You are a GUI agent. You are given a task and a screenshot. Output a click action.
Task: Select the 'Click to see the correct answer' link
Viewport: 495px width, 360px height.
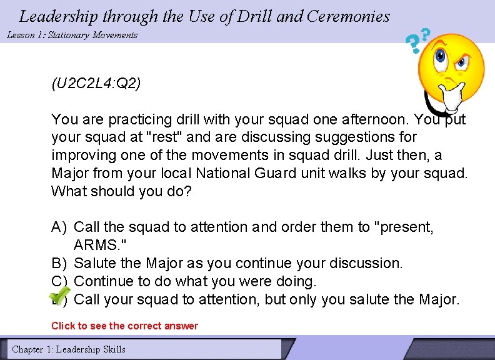[x=124, y=326]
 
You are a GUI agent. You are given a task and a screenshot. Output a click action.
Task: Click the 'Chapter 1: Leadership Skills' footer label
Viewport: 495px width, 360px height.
[x=69, y=349]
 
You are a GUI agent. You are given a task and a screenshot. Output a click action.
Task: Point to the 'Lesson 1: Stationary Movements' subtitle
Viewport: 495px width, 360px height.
[x=72, y=35]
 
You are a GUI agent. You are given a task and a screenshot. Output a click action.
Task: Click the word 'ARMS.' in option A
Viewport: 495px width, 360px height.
[x=99, y=245]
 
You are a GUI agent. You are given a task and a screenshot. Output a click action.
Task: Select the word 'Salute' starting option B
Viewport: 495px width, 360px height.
[x=94, y=264]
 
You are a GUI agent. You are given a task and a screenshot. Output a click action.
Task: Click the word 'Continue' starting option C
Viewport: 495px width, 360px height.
[x=101, y=282]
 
